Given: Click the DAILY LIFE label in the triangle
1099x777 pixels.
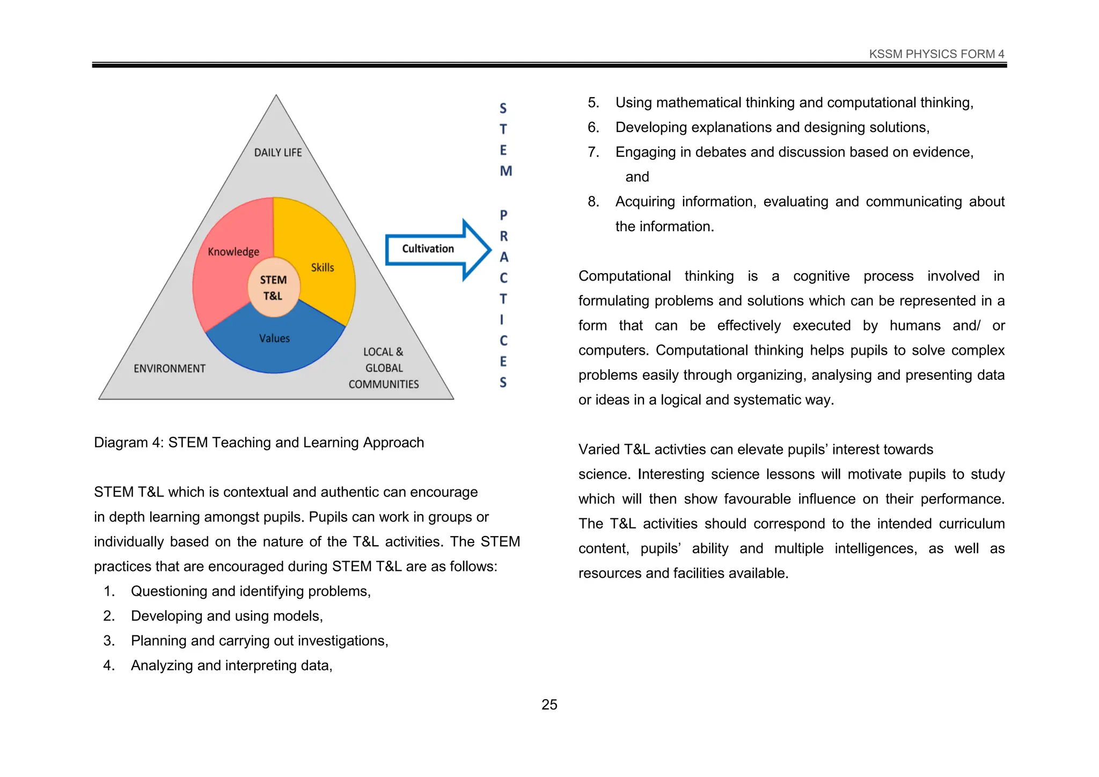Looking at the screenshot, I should click(278, 153).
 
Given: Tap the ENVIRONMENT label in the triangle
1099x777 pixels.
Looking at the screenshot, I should click(170, 369).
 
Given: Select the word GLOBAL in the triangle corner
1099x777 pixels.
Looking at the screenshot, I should click(384, 368).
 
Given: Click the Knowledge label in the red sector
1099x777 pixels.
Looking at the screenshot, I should click(233, 252).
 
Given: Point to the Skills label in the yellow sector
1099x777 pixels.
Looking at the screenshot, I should click(323, 267).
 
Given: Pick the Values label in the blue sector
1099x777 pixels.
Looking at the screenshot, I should click(274, 339).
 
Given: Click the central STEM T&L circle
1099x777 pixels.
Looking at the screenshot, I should click(273, 288).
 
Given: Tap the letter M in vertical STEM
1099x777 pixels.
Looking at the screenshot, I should click(505, 171).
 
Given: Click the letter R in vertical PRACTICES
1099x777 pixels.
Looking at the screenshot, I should click(504, 236).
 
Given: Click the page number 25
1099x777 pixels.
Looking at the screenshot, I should click(549, 705).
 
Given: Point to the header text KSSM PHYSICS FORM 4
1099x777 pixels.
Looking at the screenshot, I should click(936, 54).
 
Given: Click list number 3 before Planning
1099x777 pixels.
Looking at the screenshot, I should click(109, 641).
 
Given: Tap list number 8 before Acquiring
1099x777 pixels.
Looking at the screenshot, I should click(593, 202).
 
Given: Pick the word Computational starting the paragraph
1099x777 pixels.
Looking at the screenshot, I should click(624, 276).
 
